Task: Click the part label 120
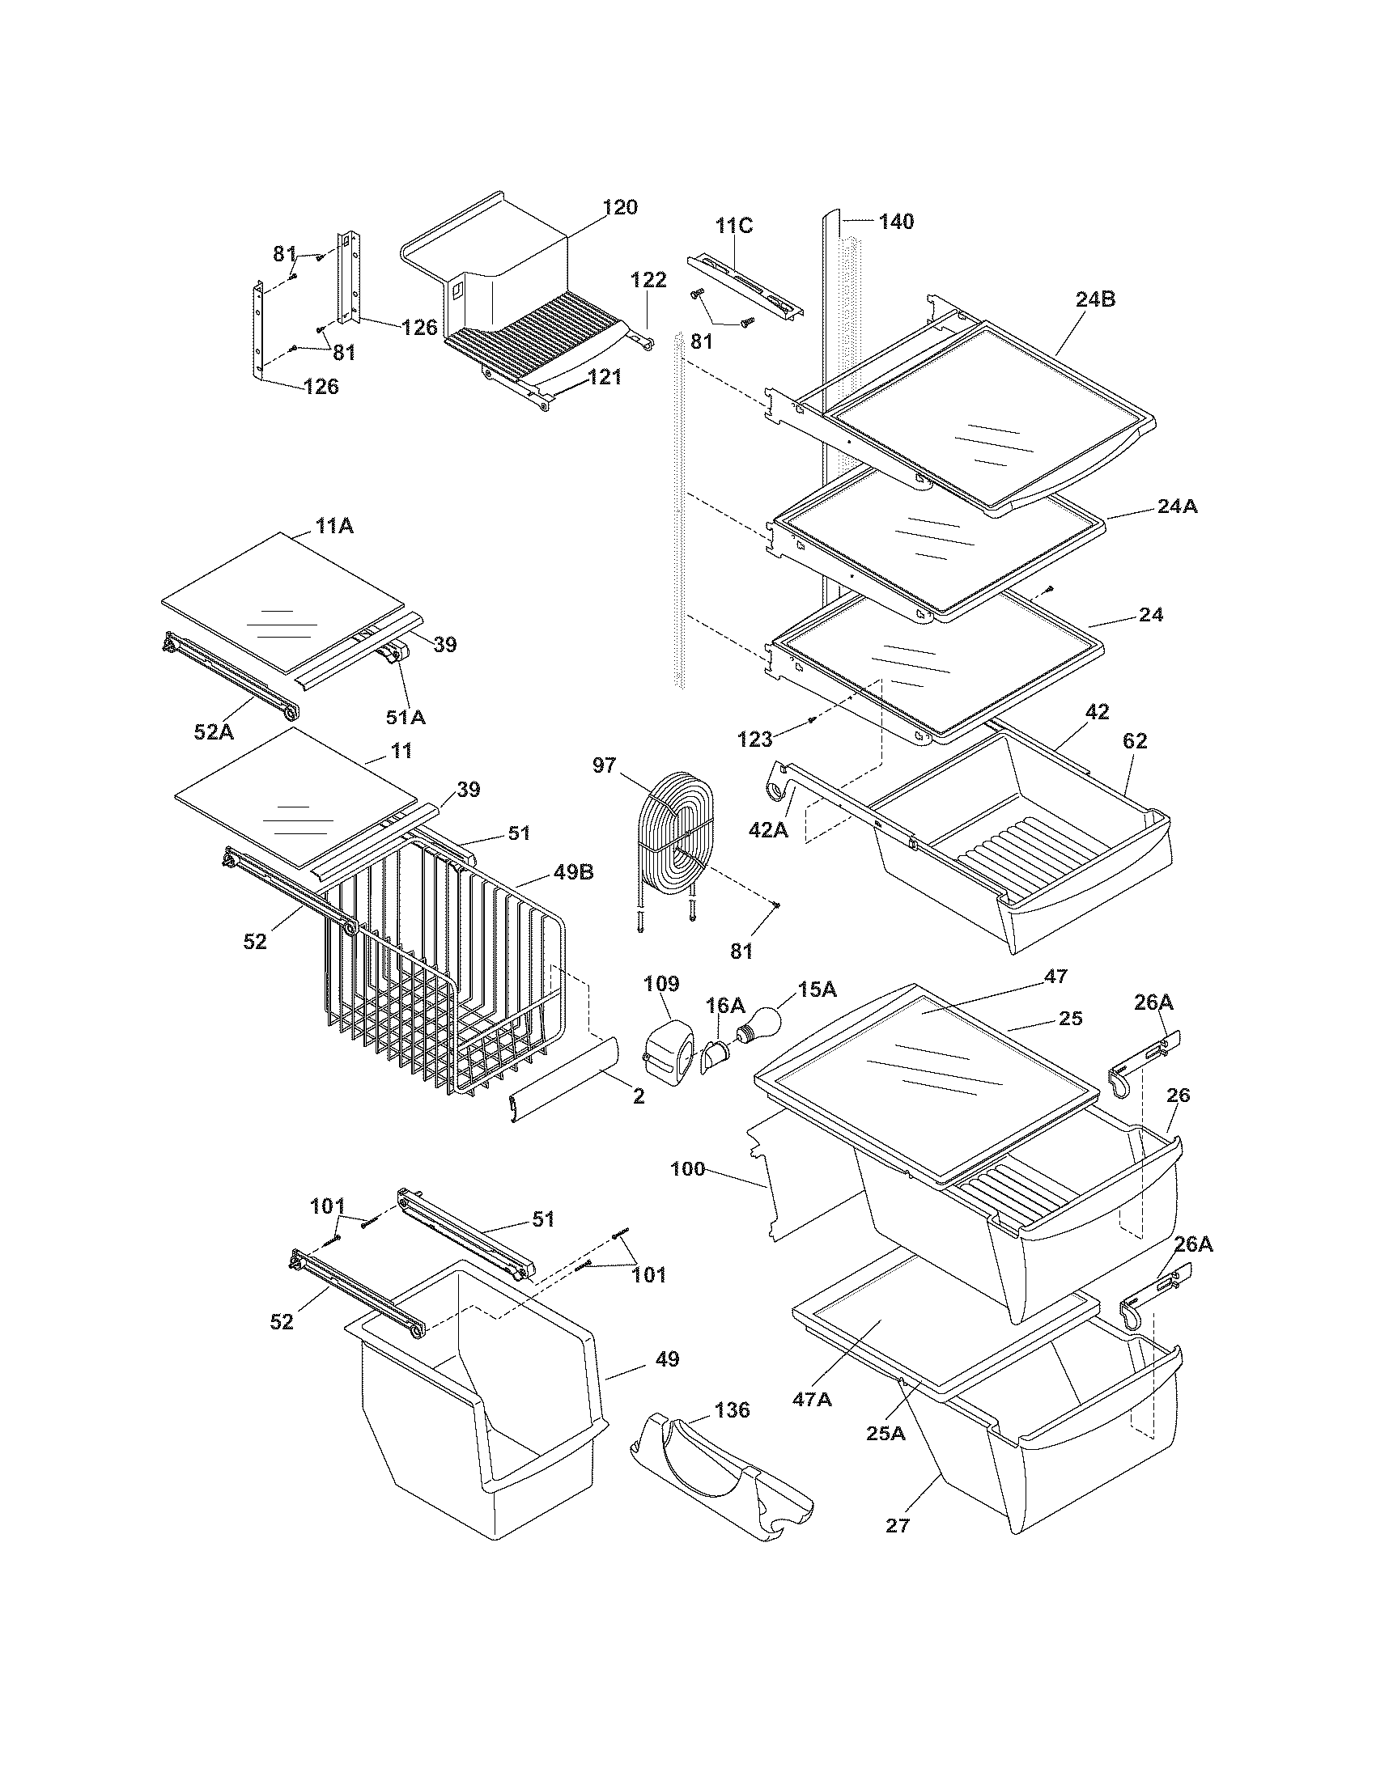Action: [620, 207]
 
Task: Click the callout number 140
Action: [896, 221]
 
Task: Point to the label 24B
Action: [1095, 299]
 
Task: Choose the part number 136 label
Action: [731, 1409]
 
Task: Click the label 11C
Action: [734, 226]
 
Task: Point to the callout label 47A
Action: [812, 1399]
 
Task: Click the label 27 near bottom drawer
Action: [897, 1525]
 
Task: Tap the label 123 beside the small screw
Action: [755, 740]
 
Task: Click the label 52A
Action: [214, 732]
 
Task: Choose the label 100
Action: [687, 1169]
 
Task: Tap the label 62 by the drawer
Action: [1135, 741]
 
